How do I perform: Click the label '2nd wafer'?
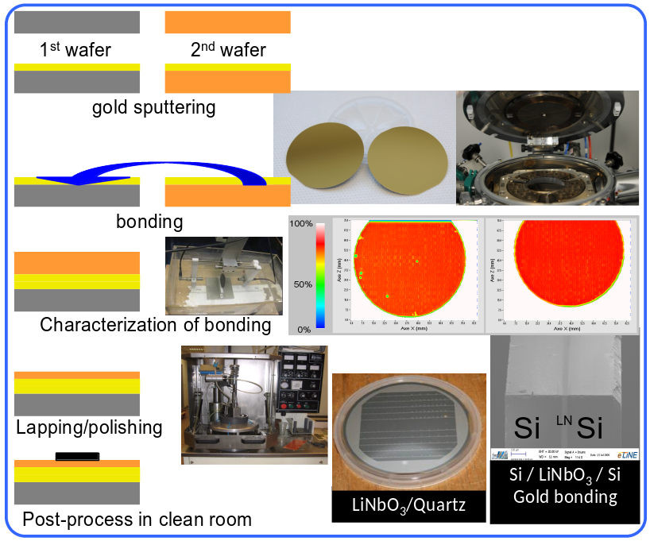point(228,51)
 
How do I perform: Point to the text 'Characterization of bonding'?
point(155,324)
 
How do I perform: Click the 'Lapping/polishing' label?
point(89,427)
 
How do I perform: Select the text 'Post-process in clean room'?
point(137,520)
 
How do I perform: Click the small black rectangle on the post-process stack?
point(78,456)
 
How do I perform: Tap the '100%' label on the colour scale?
point(301,224)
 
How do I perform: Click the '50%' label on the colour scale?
point(304,284)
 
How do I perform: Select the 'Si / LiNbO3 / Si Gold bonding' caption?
point(564,487)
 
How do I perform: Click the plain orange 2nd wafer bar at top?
point(227,22)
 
